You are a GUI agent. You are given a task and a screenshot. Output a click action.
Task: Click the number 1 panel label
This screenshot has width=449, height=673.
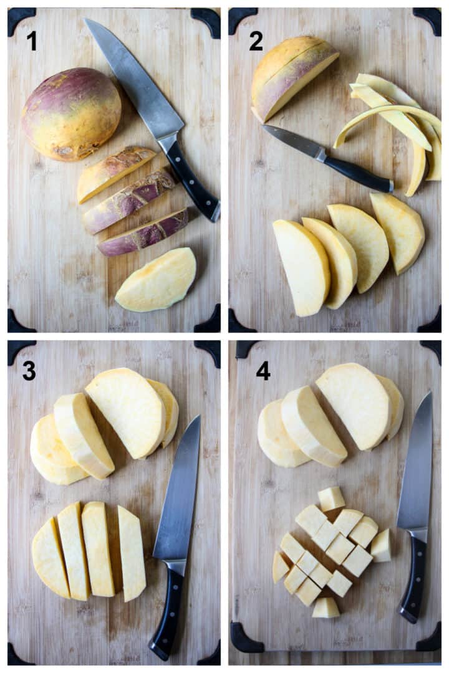(31, 41)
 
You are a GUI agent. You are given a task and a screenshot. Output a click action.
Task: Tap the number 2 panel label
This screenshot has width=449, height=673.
(256, 41)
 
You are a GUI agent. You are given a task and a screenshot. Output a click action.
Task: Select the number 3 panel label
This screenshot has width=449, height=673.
(29, 371)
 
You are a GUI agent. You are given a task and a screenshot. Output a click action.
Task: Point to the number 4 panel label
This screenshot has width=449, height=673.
(263, 371)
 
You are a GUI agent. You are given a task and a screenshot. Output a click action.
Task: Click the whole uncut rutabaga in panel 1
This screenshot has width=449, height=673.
(71, 113)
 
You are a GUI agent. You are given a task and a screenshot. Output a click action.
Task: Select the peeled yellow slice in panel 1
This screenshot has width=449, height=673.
(156, 279)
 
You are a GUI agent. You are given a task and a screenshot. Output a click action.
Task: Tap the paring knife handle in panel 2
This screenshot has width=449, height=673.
(358, 173)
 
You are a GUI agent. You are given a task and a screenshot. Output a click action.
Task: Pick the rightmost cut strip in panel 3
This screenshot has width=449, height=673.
(132, 552)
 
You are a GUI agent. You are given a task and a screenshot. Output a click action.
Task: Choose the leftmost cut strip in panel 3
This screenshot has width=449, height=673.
(50, 558)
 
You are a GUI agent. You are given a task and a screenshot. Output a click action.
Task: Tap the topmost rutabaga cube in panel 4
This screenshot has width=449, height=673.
(331, 499)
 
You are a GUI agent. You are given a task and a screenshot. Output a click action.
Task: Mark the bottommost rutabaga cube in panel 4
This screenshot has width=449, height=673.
(326, 608)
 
